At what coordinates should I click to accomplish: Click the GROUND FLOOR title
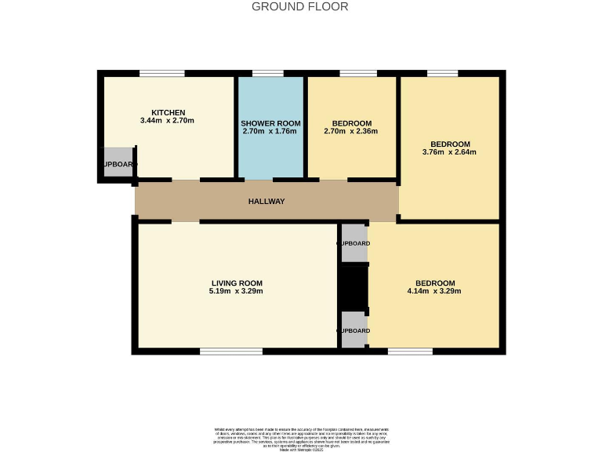coord(300,7)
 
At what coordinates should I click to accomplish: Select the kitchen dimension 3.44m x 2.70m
coord(167,121)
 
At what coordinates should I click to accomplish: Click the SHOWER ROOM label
coord(270,124)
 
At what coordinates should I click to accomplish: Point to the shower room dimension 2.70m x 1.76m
coord(270,132)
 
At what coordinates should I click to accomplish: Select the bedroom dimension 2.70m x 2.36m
coord(351,132)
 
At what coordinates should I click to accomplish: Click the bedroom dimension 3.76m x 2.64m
coord(450,152)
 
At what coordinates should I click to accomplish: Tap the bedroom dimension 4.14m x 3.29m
coord(434,291)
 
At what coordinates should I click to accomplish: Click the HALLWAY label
coord(267,202)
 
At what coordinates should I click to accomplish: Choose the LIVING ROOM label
coord(237,282)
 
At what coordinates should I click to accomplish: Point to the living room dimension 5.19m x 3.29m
coord(237,291)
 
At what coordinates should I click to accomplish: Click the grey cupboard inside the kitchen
coord(119,163)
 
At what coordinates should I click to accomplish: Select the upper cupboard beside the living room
coord(354,243)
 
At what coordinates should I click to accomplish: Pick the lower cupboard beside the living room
coord(354,330)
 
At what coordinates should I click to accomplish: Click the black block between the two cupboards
coord(354,287)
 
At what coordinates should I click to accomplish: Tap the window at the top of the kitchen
coord(162,74)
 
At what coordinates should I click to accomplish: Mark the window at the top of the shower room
coord(268,74)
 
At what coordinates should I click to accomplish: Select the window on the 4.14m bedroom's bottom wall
coord(409,351)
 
